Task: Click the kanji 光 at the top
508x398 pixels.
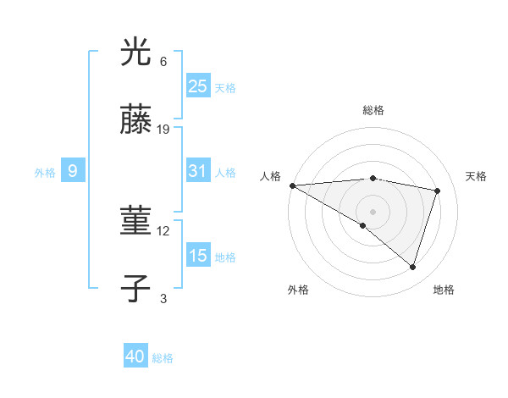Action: (136, 53)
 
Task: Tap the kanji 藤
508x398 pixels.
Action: (136, 120)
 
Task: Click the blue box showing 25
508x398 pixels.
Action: (197, 86)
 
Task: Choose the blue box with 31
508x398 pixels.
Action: (197, 171)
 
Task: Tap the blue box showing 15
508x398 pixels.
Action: (197, 256)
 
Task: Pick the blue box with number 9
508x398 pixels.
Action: (73, 172)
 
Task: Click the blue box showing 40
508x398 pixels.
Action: (135, 357)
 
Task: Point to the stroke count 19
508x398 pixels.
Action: (164, 130)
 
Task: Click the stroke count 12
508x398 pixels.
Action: (164, 230)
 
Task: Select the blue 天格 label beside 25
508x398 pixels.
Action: (225, 88)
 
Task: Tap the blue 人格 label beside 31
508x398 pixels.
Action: (225, 173)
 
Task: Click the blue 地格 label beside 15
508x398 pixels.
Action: (225, 257)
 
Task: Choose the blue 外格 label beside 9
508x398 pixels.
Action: (45, 173)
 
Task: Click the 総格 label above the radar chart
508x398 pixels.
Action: (373, 110)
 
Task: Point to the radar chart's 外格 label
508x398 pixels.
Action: (298, 290)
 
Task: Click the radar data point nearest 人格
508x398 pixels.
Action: (292, 185)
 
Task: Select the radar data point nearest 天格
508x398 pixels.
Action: (438, 191)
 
